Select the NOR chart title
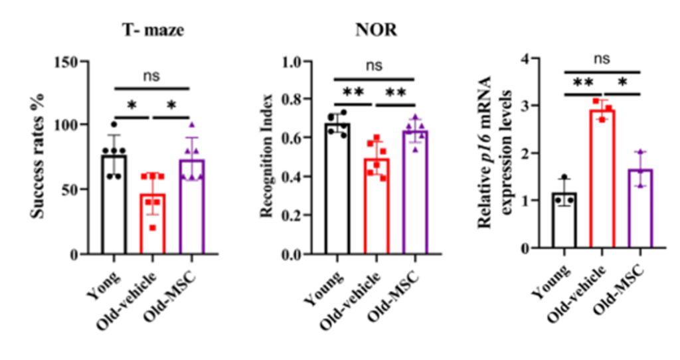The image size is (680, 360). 375,31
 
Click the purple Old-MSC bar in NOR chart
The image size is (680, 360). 416,193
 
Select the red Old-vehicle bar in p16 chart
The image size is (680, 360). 602,179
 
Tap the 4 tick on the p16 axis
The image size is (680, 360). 529,58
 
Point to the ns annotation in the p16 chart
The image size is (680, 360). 602,59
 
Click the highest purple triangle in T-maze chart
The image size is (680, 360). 191,125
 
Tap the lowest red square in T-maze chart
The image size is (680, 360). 153,228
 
